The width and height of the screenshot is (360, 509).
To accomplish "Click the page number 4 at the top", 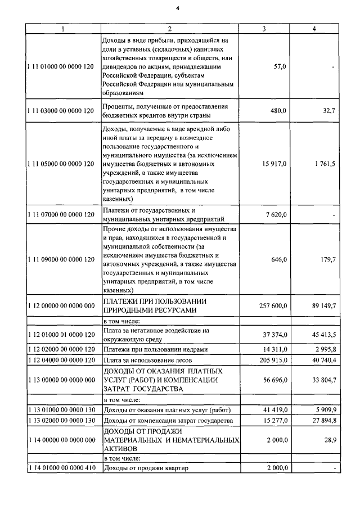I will [177, 8].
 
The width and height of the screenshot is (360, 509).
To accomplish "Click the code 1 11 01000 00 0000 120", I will [61, 67].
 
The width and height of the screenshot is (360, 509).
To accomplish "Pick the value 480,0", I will [278, 111].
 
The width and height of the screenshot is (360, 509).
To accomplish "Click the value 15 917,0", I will [274, 164].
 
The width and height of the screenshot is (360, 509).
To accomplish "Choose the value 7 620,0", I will [276, 215].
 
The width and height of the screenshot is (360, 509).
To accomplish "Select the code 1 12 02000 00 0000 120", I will [61, 350].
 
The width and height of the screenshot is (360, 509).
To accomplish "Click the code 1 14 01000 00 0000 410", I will [61, 468].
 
